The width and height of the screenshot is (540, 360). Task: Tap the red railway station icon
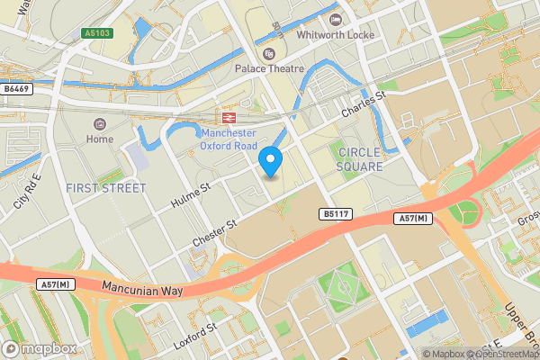click(x=229, y=118)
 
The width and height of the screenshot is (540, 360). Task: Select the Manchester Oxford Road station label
click(x=229, y=139)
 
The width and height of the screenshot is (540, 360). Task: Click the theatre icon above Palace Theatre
click(x=268, y=53)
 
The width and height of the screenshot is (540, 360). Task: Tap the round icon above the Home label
click(x=100, y=123)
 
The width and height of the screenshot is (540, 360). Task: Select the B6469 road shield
click(x=16, y=89)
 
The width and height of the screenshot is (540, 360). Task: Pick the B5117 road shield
click(x=335, y=214)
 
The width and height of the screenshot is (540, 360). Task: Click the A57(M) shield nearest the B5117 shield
click(x=410, y=219)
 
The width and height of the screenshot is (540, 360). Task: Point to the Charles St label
click(x=363, y=105)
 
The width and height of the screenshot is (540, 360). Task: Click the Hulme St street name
click(x=192, y=195)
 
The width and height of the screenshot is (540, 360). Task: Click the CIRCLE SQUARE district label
click(x=359, y=159)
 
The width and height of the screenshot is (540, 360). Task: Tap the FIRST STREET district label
click(x=105, y=188)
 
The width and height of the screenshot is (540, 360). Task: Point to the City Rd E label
click(x=27, y=192)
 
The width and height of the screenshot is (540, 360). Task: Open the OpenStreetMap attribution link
click(x=499, y=354)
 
